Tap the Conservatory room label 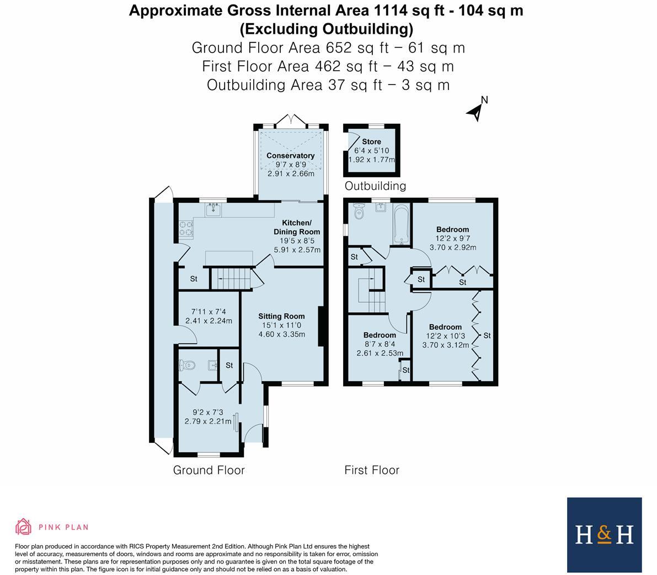point(290,156)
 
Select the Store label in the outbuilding point(371,141)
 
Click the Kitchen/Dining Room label point(297,227)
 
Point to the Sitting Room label point(281,316)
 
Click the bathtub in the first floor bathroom point(401,224)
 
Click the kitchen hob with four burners point(185,228)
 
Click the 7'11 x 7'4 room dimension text point(209,316)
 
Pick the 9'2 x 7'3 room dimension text point(208,416)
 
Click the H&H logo point(604,534)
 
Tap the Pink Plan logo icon point(23,527)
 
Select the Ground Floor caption point(209,470)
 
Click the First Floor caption point(371,470)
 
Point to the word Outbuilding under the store point(375,186)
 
